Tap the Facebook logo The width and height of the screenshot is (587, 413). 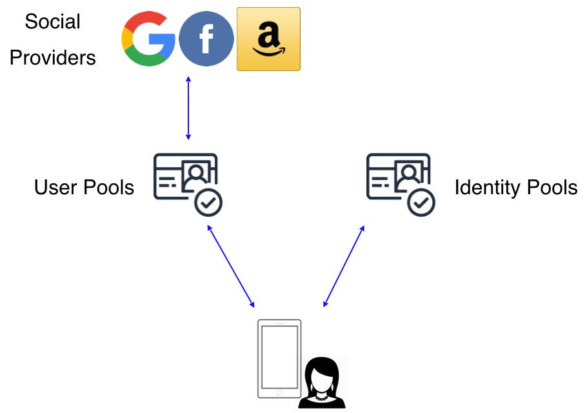click(206, 39)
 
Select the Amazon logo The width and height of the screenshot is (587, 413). click(268, 39)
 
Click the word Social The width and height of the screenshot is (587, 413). click(52, 22)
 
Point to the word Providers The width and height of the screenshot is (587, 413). click(52, 58)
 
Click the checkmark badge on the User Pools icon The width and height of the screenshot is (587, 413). click(208, 203)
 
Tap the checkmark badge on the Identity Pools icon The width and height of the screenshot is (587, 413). click(421, 203)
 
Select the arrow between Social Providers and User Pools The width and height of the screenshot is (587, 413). click(188, 108)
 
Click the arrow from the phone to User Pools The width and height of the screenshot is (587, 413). click(230, 266)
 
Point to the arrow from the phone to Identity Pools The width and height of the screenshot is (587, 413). click(344, 266)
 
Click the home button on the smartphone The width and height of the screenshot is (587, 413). click(279, 392)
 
